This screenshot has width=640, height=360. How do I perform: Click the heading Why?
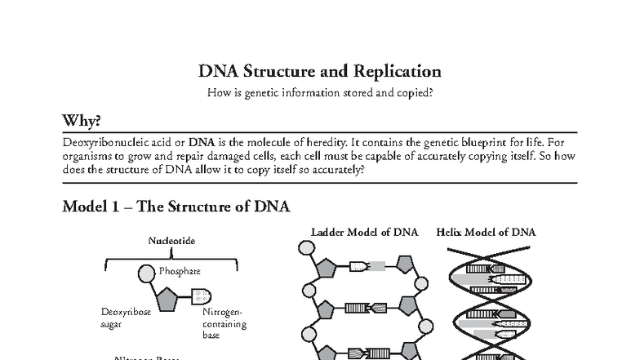tap(82, 121)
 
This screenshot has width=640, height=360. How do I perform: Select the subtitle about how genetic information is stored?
tap(319, 92)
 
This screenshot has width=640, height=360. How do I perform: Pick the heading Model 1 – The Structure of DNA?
tap(176, 207)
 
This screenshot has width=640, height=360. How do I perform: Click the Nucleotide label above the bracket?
tap(171, 241)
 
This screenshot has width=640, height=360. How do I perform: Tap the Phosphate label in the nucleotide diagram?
tap(180, 270)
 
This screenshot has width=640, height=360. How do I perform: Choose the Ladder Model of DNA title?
tap(364, 233)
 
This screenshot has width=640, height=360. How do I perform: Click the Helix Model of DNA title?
tap(486, 233)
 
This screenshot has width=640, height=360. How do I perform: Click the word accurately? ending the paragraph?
tap(336, 171)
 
